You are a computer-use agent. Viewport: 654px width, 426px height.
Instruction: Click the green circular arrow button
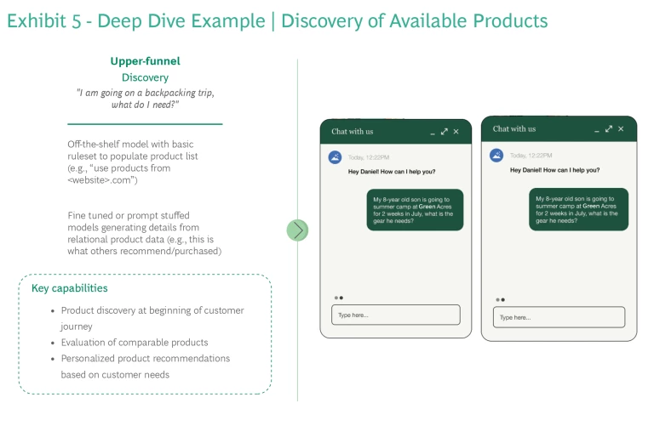click(x=297, y=230)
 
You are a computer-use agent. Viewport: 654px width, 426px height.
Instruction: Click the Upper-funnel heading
click(x=145, y=61)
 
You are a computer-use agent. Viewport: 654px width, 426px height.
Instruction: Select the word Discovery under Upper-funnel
click(x=145, y=77)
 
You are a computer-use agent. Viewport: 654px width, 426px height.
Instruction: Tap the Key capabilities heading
click(x=70, y=288)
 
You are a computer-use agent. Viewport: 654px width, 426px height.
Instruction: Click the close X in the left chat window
click(x=456, y=132)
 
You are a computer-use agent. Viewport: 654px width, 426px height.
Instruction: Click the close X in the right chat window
click(x=621, y=129)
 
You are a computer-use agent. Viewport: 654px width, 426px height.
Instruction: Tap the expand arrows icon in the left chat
click(x=444, y=132)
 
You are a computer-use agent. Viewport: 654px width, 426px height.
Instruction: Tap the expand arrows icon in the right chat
click(x=608, y=129)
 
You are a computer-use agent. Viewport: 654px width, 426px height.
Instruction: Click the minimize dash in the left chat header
click(x=433, y=133)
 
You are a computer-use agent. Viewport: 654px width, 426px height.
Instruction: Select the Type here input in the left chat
click(x=395, y=315)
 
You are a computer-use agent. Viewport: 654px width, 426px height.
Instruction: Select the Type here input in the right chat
click(x=559, y=317)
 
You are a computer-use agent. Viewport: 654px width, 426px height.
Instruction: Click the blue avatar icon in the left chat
click(x=336, y=157)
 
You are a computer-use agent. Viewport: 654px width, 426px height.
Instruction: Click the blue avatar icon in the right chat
click(x=496, y=155)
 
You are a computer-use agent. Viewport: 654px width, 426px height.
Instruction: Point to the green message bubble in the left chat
click(x=416, y=209)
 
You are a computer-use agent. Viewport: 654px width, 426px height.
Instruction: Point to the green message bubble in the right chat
click(x=577, y=207)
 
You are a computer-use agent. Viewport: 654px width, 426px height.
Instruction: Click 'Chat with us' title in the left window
click(x=352, y=132)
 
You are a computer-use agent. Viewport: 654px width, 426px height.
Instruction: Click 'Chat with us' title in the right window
click(x=513, y=129)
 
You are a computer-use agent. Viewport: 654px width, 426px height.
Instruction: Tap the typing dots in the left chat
click(x=338, y=298)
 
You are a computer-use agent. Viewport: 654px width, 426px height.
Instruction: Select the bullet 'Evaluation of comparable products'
click(x=135, y=343)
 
